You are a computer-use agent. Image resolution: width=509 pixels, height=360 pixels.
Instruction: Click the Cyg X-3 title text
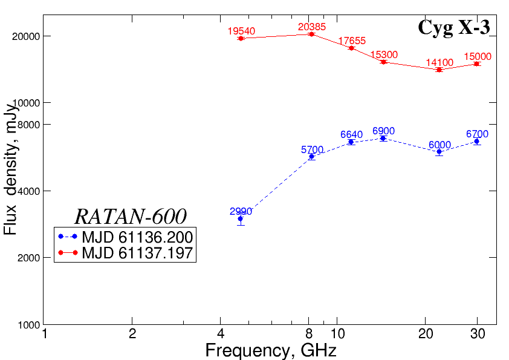tap(453, 27)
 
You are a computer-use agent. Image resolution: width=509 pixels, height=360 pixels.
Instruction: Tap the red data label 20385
tap(312, 27)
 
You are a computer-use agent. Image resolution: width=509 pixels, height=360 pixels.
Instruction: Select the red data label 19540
tap(241, 31)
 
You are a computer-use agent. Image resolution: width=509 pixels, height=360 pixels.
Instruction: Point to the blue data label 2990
tap(241, 211)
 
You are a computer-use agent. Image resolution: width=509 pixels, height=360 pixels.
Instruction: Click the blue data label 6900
tap(384, 131)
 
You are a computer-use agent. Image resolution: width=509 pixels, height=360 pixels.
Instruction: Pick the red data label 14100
tap(439, 62)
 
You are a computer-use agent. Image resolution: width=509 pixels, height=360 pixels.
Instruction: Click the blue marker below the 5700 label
tap(312, 157)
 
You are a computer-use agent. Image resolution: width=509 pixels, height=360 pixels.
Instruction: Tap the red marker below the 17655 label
tap(351, 48)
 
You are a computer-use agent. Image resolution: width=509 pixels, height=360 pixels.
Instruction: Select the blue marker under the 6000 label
tap(439, 152)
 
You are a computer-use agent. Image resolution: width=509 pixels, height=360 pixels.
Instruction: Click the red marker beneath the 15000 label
tap(477, 64)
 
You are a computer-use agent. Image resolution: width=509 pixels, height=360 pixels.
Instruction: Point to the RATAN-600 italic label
tap(130, 217)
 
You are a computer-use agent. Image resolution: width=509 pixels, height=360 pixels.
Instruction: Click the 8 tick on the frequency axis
tap(309, 334)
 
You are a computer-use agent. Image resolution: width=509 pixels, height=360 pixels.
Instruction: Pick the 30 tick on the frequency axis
tap(477, 334)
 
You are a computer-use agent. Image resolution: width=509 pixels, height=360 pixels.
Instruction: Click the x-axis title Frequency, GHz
tap(270, 350)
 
